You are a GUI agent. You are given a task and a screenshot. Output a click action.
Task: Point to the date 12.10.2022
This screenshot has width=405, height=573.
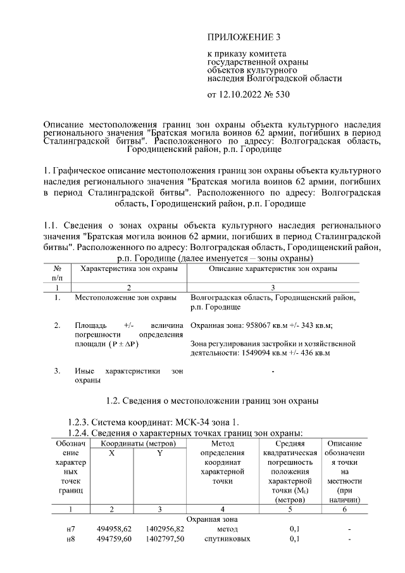point(240,95)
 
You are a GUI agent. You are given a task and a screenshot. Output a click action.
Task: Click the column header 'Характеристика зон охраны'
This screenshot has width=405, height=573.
point(125,269)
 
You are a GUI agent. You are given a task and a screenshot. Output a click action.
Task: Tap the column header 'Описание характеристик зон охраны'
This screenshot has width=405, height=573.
point(273,269)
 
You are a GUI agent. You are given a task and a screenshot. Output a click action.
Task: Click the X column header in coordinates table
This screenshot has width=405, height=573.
point(111,454)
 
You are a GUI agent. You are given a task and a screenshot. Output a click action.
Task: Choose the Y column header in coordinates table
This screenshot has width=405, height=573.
point(159,454)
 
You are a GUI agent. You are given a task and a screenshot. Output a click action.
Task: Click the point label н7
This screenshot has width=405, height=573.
point(70,529)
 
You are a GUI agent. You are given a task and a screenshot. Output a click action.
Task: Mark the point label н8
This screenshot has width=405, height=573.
point(70,539)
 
